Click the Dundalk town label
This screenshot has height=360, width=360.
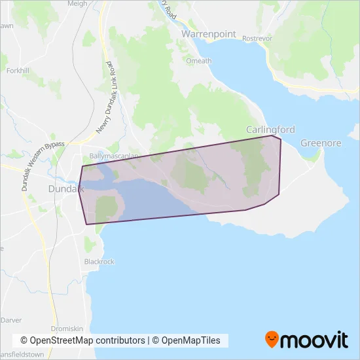[66, 189]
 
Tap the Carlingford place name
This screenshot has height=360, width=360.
[270, 130]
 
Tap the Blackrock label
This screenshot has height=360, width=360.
[99, 261]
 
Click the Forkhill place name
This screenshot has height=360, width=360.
[17, 70]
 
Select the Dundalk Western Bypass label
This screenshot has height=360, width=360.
[40, 157]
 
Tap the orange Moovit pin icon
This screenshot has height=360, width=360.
[272, 339]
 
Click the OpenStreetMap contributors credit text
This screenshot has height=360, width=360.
[82, 340]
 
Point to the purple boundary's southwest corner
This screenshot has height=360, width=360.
[86, 225]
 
